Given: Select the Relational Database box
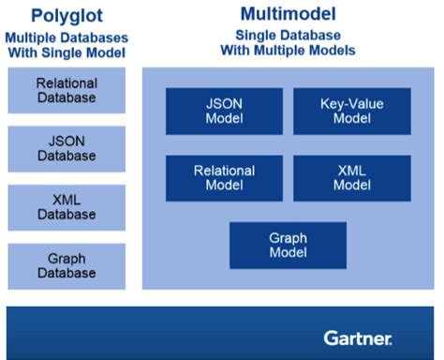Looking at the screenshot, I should point(66,91).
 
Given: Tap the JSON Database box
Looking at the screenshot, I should point(66,149).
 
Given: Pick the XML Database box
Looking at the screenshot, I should point(66,207).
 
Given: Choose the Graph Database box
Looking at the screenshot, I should point(66,266).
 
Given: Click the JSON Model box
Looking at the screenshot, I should point(224,112).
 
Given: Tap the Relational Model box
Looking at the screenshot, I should point(224,178).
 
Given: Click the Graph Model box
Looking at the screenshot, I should point(288,245).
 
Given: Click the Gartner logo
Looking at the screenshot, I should point(358,337).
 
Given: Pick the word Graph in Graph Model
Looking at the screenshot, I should point(288,237).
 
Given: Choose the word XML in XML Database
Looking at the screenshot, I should point(66,200).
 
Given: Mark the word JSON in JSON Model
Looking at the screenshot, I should point(224,104).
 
